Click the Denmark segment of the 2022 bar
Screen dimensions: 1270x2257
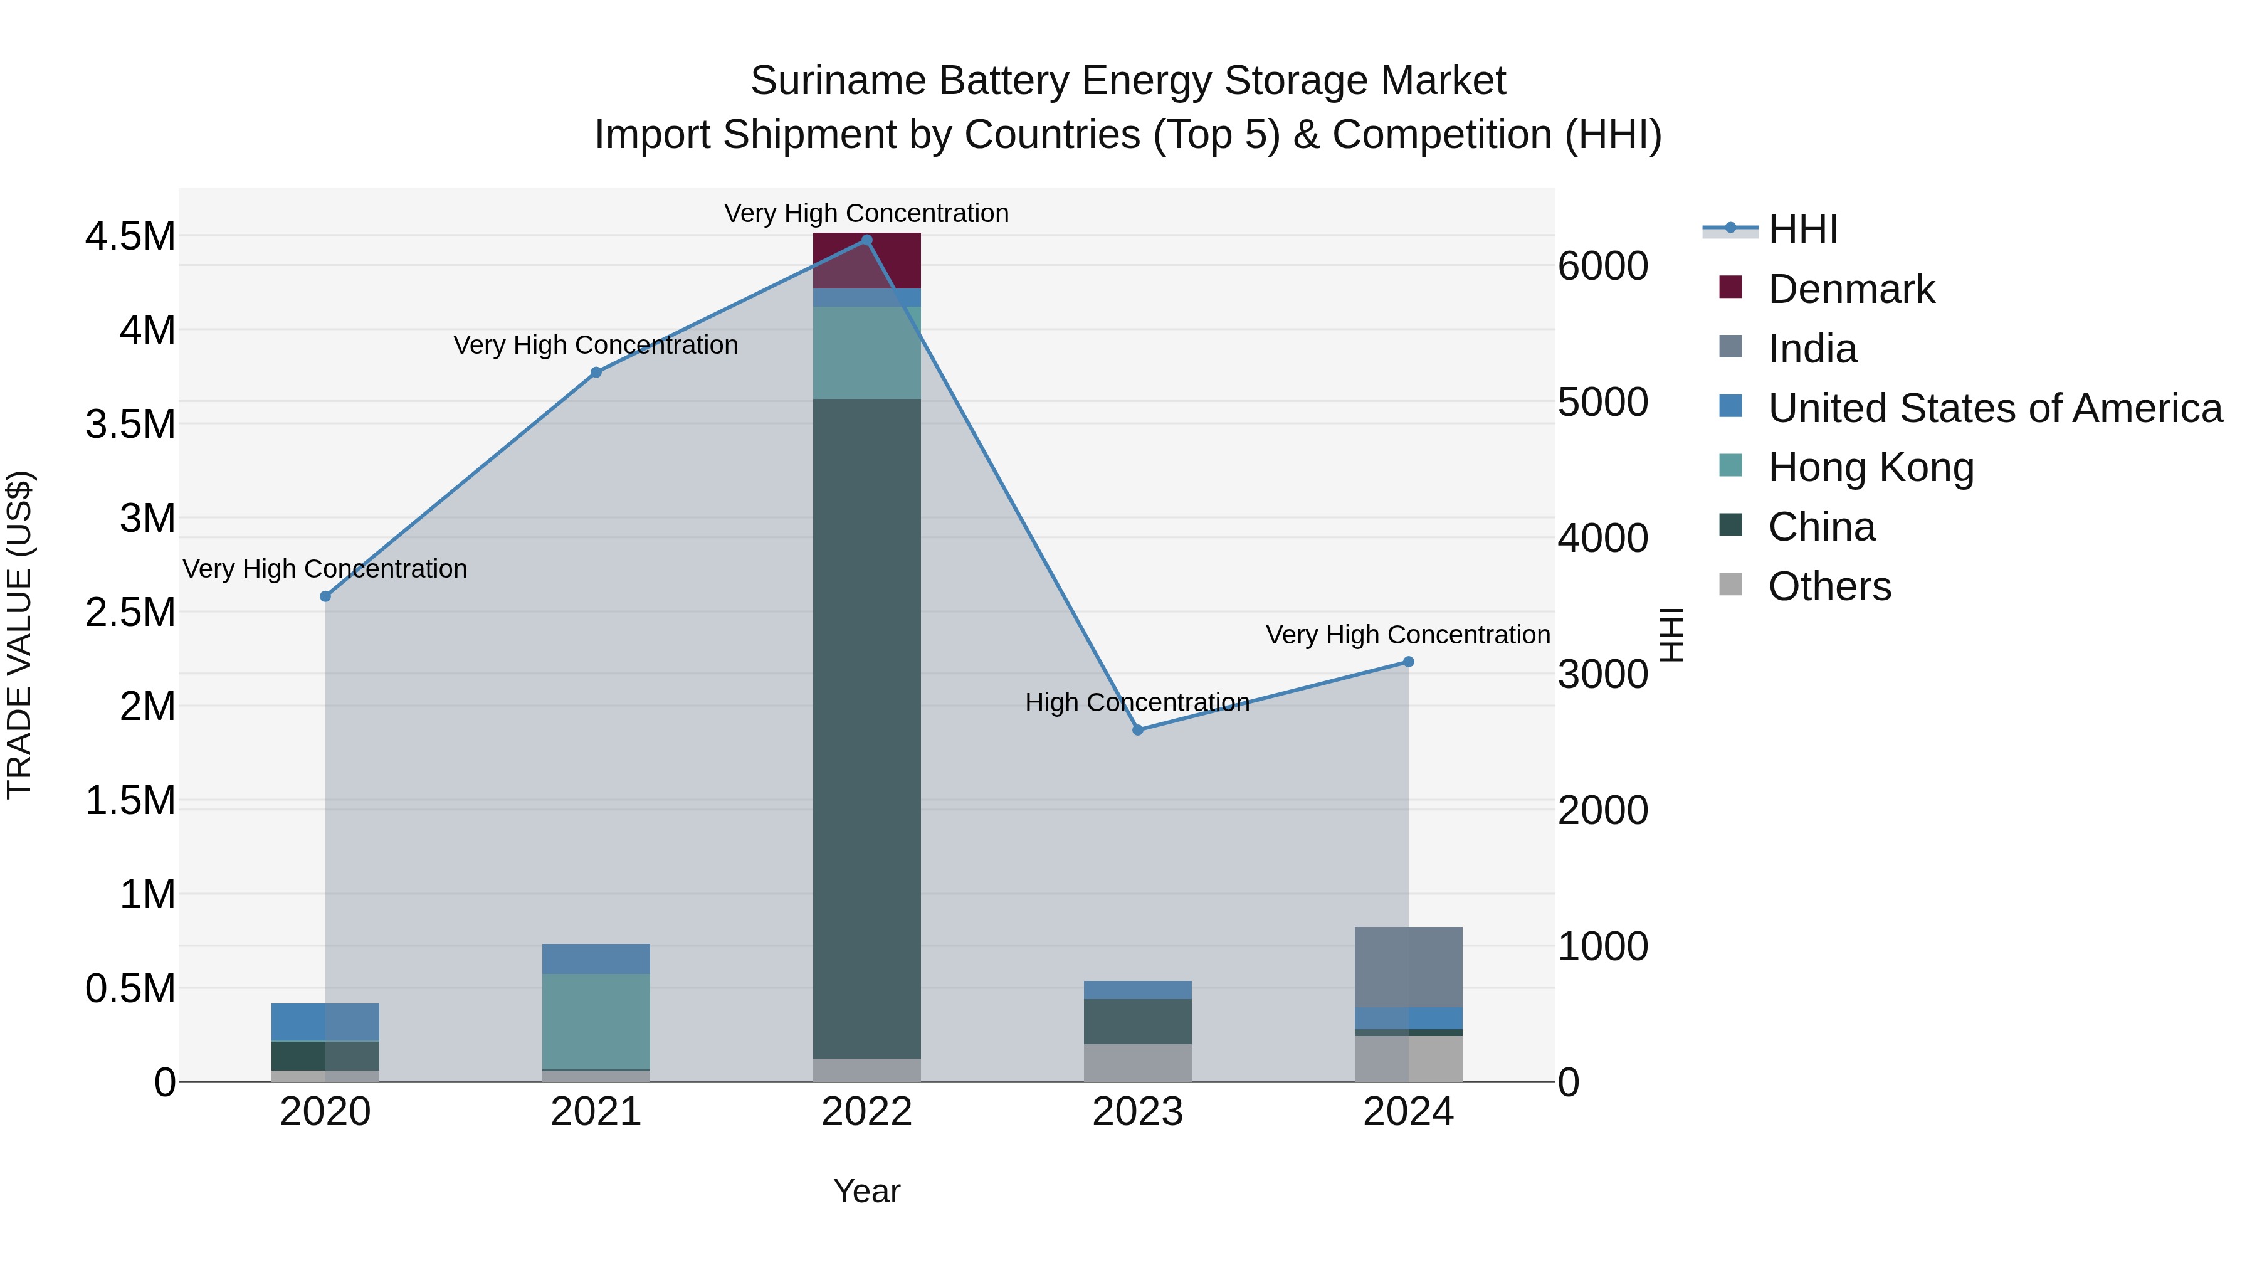[866, 260]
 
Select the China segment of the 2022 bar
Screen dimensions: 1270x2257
[866, 728]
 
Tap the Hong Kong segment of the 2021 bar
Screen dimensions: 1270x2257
[596, 1021]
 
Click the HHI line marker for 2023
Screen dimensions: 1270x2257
[1137, 730]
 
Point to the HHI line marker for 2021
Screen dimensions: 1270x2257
[596, 373]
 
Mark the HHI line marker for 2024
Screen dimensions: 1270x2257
[1408, 662]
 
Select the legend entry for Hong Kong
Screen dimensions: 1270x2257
[1871, 467]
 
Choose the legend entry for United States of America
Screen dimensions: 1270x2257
[1994, 408]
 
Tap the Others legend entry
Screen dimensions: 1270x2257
[1829, 586]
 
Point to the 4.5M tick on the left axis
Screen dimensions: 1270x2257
[130, 236]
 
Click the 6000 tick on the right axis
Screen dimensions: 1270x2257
[1602, 267]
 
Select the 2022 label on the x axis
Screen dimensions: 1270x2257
[866, 1112]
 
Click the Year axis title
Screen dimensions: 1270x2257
[866, 1191]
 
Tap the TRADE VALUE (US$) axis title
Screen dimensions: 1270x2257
[19, 635]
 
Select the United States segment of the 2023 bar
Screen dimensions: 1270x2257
[1137, 990]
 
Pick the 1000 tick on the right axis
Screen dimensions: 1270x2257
[1602, 946]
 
